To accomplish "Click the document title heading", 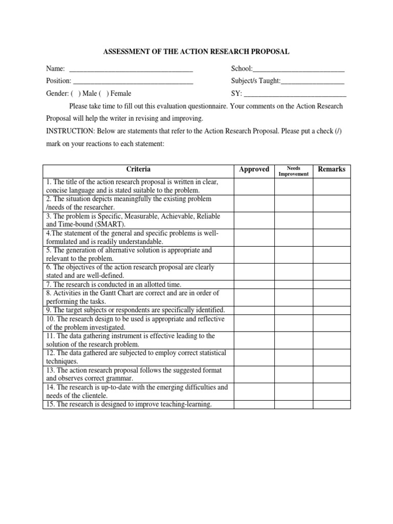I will pos(196,52).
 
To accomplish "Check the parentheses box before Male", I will pos(76,94).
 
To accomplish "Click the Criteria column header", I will pos(138,169).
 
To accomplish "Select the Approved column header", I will pos(254,169).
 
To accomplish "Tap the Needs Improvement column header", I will pos(293,171).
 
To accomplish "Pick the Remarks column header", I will pos(332,169).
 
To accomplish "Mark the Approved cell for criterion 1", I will pos(254,186).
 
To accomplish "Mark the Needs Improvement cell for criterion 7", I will pos(293,285).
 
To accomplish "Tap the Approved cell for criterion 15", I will pos(254,405).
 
